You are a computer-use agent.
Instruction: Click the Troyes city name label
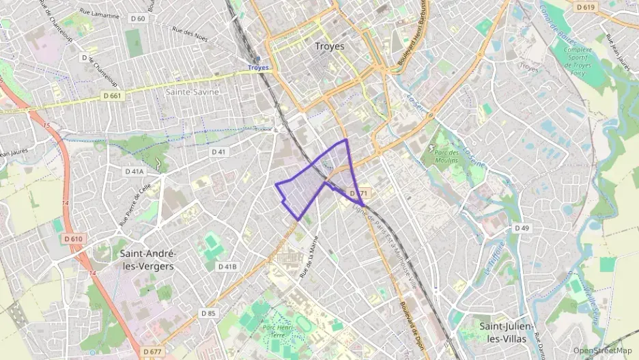[330, 46]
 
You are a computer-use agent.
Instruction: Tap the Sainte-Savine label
[193, 91]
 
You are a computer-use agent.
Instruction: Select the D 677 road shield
[153, 351]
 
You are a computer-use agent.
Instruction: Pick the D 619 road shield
[584, 8]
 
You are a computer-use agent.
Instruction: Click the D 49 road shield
[522, 227]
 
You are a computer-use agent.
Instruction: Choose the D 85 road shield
[208, 313]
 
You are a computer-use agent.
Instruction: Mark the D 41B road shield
[227, 266]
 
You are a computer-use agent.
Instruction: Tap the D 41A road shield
[134, 171]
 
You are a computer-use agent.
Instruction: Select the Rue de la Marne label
[309, 256]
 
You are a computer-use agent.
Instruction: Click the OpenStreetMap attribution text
[602, 350]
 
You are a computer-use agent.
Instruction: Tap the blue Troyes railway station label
[258, 68]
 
